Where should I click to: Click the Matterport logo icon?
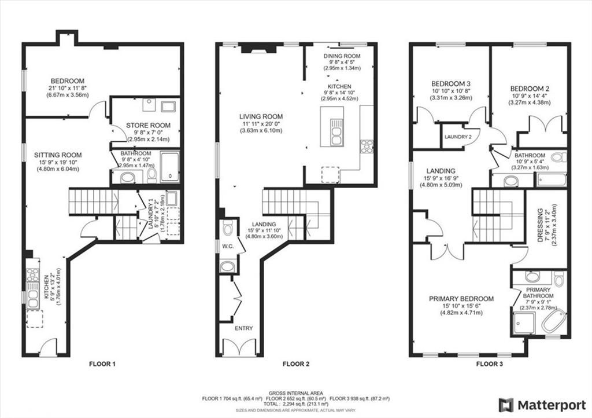(506, 405)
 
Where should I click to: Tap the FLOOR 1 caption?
(102, 364)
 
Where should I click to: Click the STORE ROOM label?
(148, 125)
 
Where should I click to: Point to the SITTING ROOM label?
(58, 155)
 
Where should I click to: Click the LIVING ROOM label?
(261, 116)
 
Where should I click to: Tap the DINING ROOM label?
(342, 56)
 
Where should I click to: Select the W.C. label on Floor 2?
(228, 247)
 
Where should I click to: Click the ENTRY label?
(244, 328)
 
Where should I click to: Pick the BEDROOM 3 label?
(451, 83)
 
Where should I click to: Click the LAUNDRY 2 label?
(458, 137)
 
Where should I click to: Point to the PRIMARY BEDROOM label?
(461, 299)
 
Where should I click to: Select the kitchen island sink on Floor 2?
(336, 132)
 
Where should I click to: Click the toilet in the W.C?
(228, 228)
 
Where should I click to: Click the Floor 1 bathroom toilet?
(152, 174)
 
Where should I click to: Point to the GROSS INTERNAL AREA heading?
(296, 393)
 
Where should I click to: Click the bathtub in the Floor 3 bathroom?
(550, 179)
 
